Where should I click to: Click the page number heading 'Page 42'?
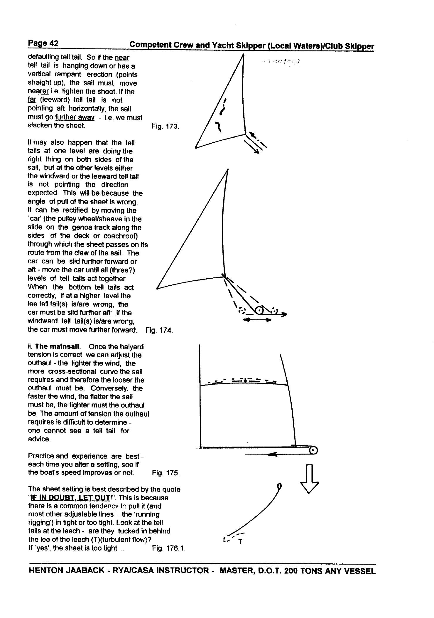click(43, 43)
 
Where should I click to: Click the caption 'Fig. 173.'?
click(165, 127)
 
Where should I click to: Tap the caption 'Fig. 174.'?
click(159, 330)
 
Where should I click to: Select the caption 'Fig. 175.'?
click(166, 473)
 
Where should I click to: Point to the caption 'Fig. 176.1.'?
click(169, 548)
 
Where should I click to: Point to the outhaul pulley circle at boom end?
click(313, 450)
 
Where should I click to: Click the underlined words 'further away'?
click(75, 117)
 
